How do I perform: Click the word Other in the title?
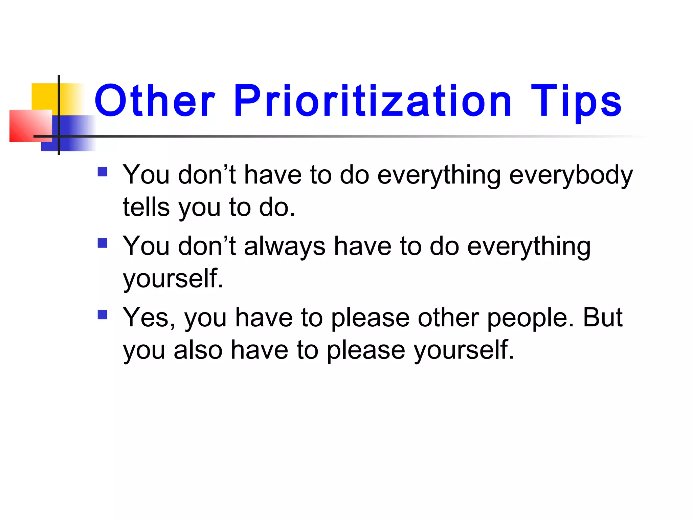[x=155, y=101]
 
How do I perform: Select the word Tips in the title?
[x=576, y=101]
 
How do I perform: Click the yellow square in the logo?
[x=44, y=96]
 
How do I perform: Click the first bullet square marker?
[x=102, y=172]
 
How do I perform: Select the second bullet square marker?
[x=102, y=243]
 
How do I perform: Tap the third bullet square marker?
[x=102, y=315]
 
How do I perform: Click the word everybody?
[x=571, y=176]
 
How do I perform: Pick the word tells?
[x=146, y=207]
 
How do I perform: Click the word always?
[x=285, y=246]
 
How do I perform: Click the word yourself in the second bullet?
[x=173, y=279]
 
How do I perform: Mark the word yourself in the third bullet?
[x=464, y=350]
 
